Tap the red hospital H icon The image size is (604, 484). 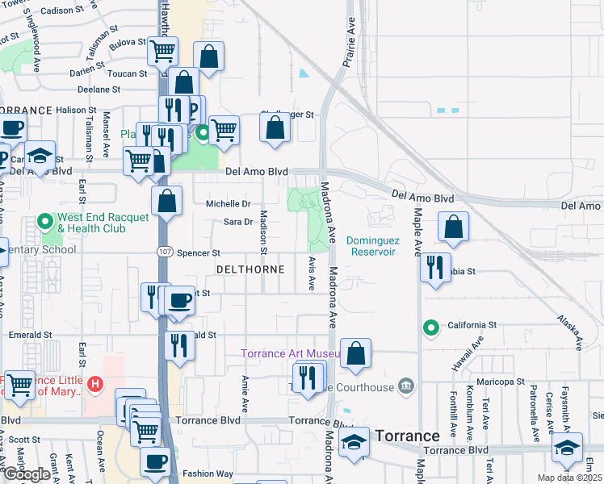coord(95,383)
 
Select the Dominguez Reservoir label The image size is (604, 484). coord(371,246)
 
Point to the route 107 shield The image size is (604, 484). coord(163,252)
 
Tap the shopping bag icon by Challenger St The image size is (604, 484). coord(275,127)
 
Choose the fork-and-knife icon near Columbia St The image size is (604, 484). coord(435,266)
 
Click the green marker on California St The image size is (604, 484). coord(431,327)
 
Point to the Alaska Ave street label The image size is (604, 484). coord(569,332)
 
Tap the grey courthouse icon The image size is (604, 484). coord(406,387)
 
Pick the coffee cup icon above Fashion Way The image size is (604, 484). coord(156,461)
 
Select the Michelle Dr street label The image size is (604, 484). coord(229,204)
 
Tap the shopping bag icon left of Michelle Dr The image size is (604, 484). coord(166,201)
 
